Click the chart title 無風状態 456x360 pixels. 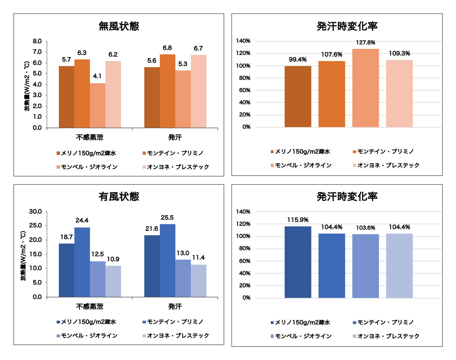pyautogui.click(x=119, y=26)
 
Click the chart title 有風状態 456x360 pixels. pyautogui.click(x=119, y=197)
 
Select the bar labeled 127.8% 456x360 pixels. pyautogui.click(x=366, y=88)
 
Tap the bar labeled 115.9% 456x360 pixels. pyautogui.click(x=298, y=262)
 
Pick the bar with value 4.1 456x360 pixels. pyautogui.click(x=97, y=105)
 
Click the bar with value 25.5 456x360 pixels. pyautogui.click(x=167, y=260)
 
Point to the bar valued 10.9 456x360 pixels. pyautogui.click(x=113, y=281)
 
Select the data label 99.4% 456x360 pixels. pyautogui.click(x=298, y=59)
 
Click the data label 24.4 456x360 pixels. pyautogui.click(x=82, y=220)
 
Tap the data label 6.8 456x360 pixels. pyautogui.click(x=167, y=48)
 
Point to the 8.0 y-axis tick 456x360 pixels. pyautogui.click(x=37, y=41)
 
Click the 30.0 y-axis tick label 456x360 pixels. pyautogui.click(x=36, y=212)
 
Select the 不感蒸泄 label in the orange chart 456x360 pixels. pyautogui.click(x=89, y=137)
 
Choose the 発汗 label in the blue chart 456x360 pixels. pyautogui.click(x=175, y=307)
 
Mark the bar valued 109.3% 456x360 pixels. pyautogui.click(x=399, y=93)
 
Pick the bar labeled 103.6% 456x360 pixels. pyautogui.click(x=366, y=266)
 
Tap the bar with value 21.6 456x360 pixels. pyautogui.click(x=152, y=266)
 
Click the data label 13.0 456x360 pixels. pyautogui.click(x=183, y=253)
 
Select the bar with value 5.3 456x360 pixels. pyautogui.click(x=183, y=99)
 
